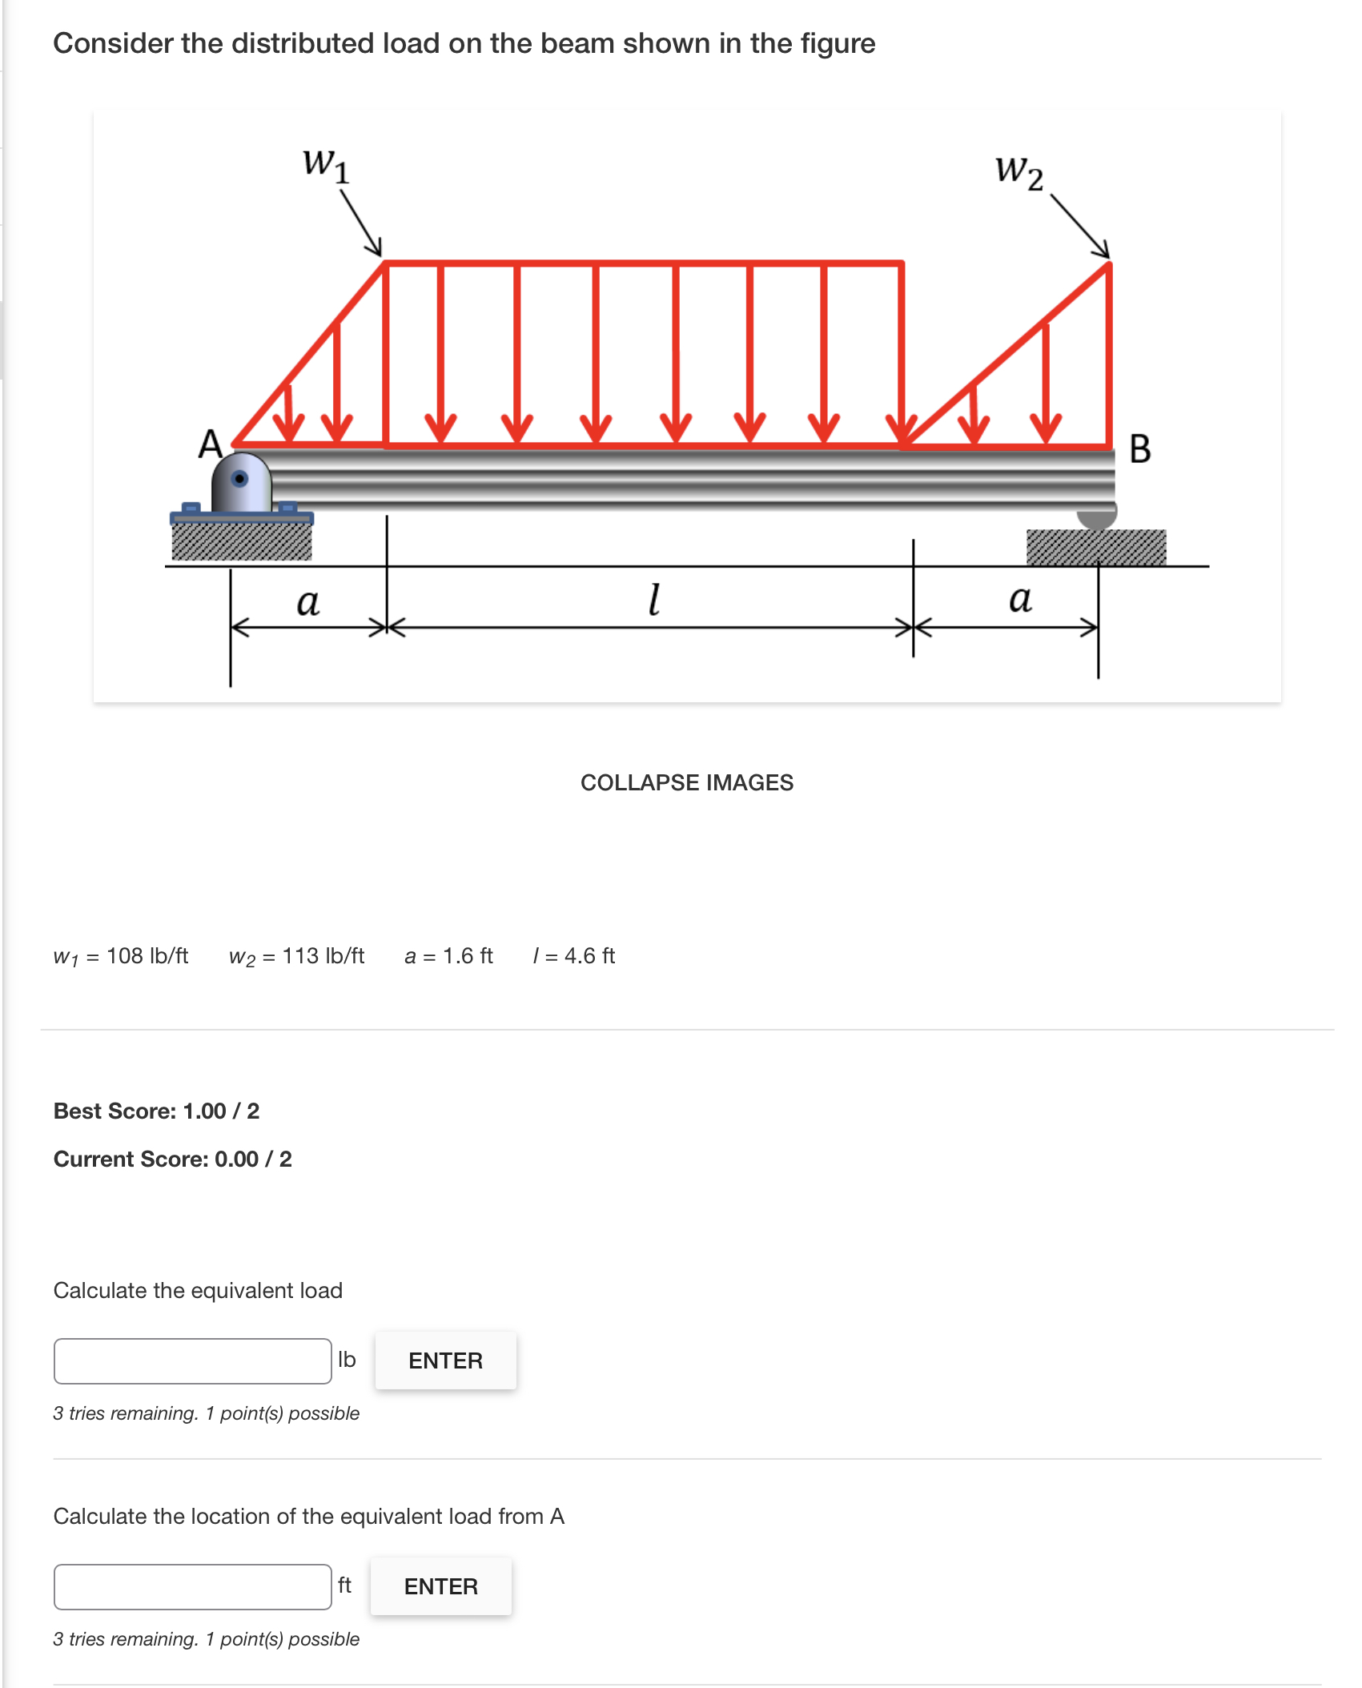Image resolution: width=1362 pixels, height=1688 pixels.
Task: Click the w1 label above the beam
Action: click(326, 165)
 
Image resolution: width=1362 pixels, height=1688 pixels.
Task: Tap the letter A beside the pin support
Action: click(210, 444)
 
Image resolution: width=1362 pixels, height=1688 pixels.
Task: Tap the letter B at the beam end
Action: click(1139, 449)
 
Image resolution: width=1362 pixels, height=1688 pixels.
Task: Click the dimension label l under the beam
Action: click(654, 599)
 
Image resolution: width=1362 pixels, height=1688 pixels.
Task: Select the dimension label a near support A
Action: click(307, 602)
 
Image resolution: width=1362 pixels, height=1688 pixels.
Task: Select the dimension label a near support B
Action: click(1019, 599)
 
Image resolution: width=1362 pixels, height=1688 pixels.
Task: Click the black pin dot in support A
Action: click(239, 479)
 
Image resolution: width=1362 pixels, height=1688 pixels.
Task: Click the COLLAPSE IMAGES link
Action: click(686, 782)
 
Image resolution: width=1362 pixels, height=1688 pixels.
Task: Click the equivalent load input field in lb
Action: click(193, 1360)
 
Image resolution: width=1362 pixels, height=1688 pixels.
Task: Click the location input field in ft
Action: click(193, 1586)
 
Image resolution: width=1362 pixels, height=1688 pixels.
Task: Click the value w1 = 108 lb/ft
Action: click(121, 956)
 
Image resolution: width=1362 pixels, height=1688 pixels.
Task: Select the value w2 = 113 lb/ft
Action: click(296, 956)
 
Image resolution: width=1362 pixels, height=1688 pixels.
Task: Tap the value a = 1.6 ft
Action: click(448, 956)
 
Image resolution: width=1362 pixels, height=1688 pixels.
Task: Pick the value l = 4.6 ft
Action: click(574, 956)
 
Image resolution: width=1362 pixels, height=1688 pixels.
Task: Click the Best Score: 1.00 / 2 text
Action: click(157, 1111)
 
